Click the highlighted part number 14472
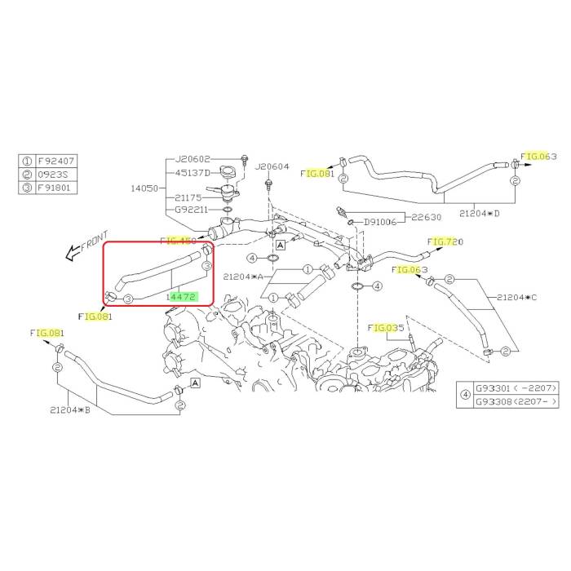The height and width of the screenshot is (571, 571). (181, 298)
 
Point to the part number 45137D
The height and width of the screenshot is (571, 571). (193, 173)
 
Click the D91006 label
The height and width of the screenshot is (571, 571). (380, 220)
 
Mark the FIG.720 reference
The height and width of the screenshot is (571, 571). (446, 242)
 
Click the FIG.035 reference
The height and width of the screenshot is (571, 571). (386, 328)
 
